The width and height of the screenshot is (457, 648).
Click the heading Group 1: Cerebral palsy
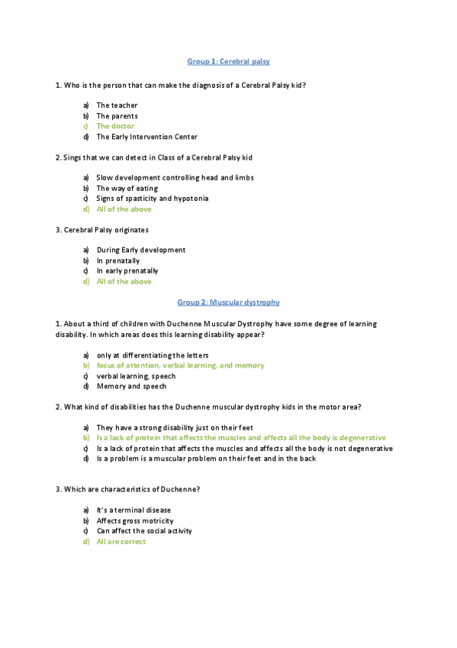228,61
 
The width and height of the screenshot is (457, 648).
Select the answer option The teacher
117,105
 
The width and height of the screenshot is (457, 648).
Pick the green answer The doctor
115,126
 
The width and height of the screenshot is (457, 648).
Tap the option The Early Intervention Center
146,137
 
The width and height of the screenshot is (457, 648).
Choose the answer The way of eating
127,188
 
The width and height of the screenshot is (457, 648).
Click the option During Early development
140,250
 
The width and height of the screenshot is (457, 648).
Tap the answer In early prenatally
127,271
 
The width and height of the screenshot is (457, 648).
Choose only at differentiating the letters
153,355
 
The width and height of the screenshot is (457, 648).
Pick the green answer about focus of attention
180,366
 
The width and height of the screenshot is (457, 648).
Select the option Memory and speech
131,387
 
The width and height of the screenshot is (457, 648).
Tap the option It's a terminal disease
134,510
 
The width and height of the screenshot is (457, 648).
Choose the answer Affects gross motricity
135,521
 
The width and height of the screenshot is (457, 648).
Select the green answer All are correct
121,542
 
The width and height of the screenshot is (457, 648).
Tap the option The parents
117,116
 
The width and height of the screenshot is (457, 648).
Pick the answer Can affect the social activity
144,531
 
